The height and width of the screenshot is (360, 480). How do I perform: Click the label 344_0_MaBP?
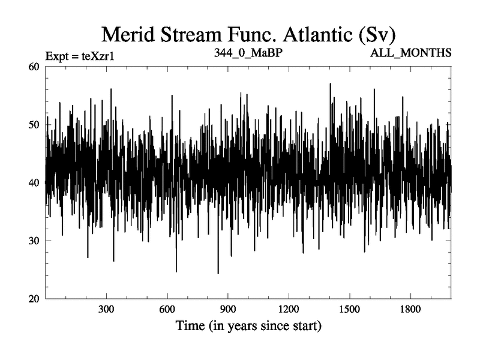248,52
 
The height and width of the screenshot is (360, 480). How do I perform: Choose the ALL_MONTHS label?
411,52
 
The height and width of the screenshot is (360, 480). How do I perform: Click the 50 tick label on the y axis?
35,124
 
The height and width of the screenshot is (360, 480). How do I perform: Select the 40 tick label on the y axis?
35,182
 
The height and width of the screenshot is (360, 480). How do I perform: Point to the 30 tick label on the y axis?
35,241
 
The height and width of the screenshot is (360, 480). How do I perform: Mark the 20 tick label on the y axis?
35,299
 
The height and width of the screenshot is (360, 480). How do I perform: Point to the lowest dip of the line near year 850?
218,273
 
